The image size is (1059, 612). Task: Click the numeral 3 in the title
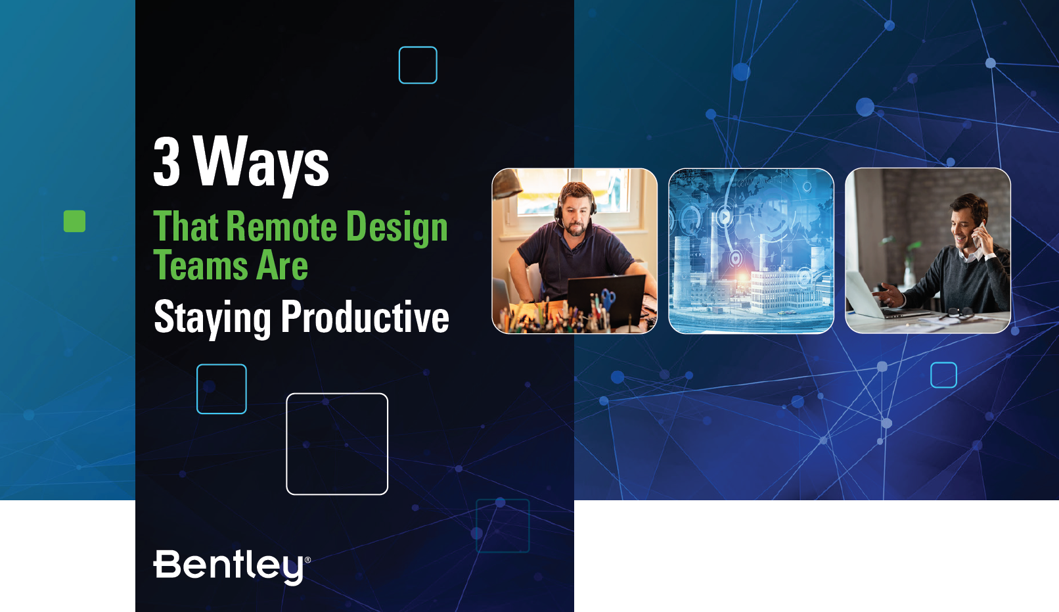point(167,161)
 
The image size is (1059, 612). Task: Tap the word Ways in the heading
point(261,164)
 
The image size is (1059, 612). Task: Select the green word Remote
point(281,226)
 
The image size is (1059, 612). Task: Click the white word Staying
point(212,318)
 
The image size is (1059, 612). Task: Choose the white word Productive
point(365,316)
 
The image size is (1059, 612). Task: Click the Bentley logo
point(232,566)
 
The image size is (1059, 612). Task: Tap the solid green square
point(75,222)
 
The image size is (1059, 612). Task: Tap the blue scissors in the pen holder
point(608,298)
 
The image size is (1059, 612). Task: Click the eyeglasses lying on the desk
point(957,314)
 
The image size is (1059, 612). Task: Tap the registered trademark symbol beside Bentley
point(307,560)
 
